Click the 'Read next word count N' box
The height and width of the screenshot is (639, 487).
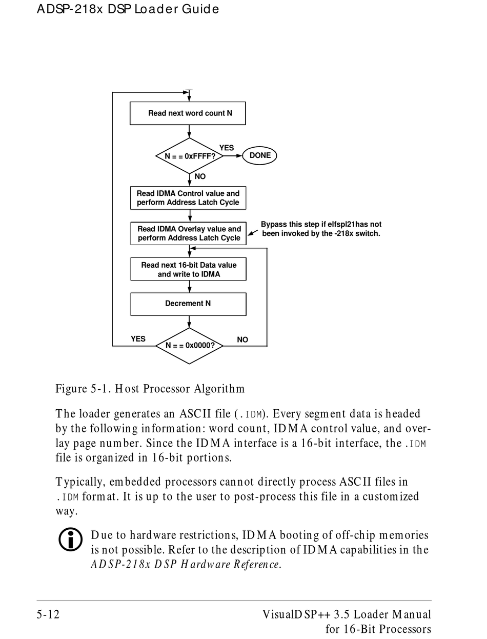(188, 113)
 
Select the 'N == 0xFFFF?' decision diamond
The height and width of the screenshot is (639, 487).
(189, 156)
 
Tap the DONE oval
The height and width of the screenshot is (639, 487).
(259, 155)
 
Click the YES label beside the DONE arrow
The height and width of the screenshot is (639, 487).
(227, 148)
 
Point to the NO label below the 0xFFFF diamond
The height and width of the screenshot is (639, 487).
(200, 176)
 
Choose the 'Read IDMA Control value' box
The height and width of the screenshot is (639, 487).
(188, 198)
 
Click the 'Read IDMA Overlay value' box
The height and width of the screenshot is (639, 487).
(188, 233)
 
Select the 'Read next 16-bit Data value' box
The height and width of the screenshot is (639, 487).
(188, 269)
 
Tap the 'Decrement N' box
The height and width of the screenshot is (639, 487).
(188, 304)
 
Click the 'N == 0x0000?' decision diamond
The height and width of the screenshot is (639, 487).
(189, 346)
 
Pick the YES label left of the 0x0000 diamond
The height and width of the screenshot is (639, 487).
(138, 339)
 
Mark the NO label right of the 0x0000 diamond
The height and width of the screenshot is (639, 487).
(242, 340)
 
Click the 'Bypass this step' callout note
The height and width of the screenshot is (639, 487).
(321, 229)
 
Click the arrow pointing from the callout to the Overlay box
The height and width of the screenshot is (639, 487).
(253, 233)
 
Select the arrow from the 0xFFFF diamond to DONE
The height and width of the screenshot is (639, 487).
(233, 156)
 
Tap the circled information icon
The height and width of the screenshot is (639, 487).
(70, 539)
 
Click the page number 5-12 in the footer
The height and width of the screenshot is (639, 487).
(48, 614)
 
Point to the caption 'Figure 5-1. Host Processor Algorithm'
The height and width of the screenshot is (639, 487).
(150, 389)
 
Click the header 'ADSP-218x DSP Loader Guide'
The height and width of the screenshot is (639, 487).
(128, 9)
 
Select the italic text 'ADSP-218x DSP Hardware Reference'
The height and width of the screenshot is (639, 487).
(185, 564)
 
